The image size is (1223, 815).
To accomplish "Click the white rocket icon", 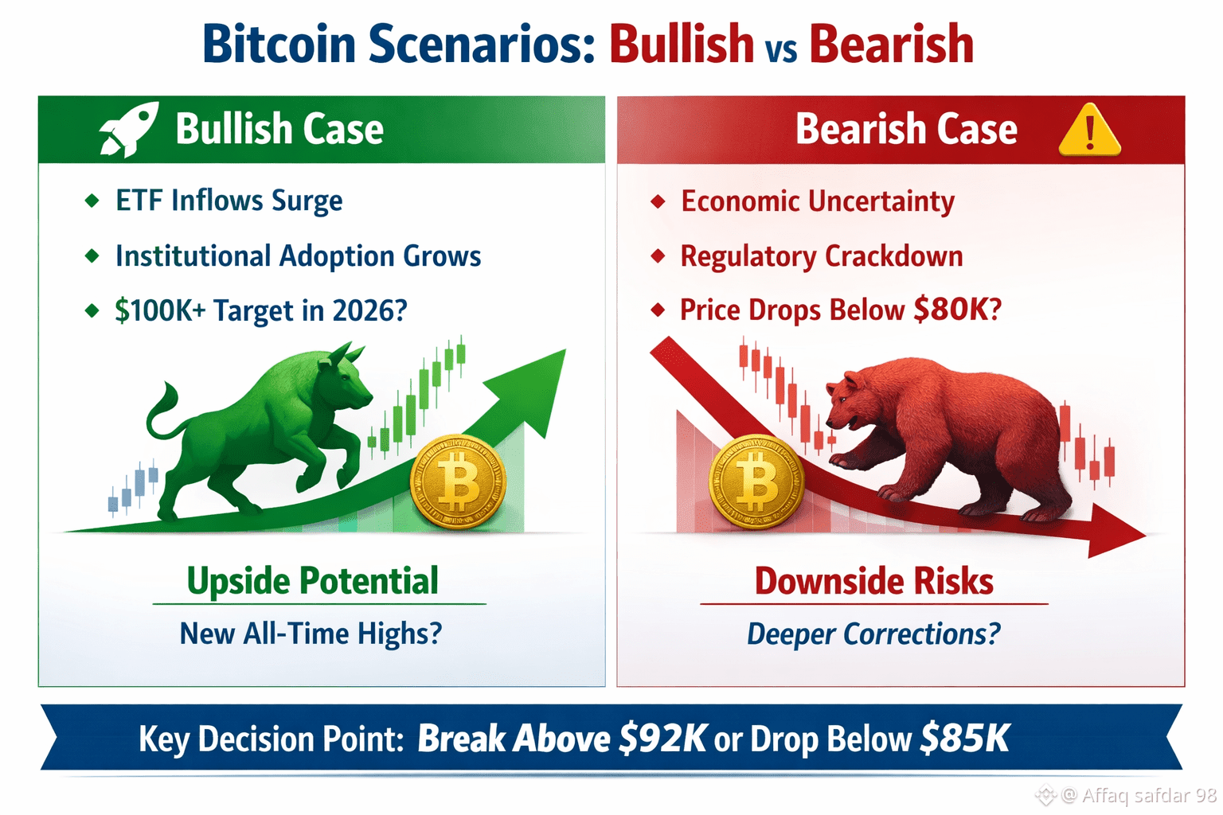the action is (129, 129).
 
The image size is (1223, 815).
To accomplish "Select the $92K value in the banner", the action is (662, 739).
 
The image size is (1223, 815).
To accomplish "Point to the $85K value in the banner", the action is (965, 739).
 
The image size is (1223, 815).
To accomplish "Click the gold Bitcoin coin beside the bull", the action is (458, 482).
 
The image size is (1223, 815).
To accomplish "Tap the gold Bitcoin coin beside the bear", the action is (756, 482).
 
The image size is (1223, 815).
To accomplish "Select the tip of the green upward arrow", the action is (565, 350).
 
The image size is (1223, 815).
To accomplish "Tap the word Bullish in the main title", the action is (682, 44).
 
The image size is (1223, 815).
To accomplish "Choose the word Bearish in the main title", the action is (892, 44).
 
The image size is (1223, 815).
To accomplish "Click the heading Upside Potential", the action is (312, 581).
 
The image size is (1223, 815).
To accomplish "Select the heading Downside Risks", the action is (874, 581).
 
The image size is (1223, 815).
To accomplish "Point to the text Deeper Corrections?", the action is (873, 634).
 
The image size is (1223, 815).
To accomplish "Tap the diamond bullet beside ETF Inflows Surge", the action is (92, 201).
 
